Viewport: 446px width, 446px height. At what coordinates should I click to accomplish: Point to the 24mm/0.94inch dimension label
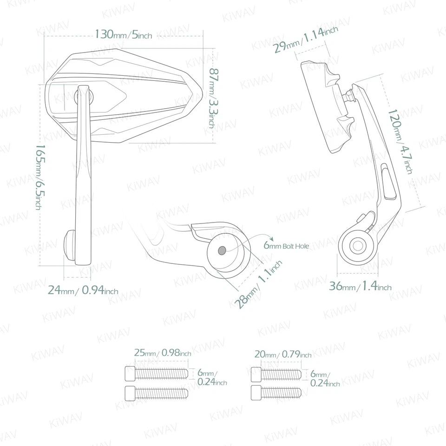point(83,291)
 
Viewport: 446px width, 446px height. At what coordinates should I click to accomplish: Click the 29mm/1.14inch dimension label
point(305,40)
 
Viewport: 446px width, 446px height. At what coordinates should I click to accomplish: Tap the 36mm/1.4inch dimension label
point(360,287)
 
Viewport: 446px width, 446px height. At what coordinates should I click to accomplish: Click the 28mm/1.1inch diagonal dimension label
point(258,284)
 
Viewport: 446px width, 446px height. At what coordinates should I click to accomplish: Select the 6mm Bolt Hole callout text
point(286,245)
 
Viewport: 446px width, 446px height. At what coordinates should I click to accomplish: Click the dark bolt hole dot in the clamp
point(222,250)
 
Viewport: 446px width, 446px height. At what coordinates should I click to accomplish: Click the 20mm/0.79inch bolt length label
point(283,354)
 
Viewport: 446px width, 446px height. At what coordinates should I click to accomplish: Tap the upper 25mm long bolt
point(157,373)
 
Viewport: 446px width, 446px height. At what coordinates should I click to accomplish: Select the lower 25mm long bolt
point(157,393)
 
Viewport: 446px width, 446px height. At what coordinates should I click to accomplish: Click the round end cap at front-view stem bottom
point(69,244)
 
